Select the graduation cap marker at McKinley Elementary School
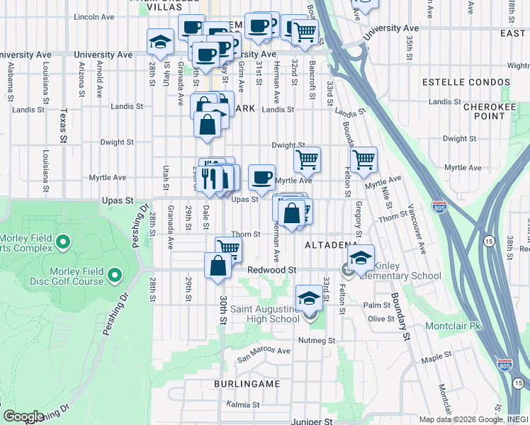point(361,258)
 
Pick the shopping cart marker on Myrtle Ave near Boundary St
point(363,159)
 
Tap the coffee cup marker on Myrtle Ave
point(261,176)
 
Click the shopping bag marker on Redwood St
point(218,266)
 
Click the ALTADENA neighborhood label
point(331,245)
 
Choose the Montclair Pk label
point(453,327)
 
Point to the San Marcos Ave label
point(264,351)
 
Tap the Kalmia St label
point(243,404)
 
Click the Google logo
point(23,416)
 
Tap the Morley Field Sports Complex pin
point(64,243)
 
